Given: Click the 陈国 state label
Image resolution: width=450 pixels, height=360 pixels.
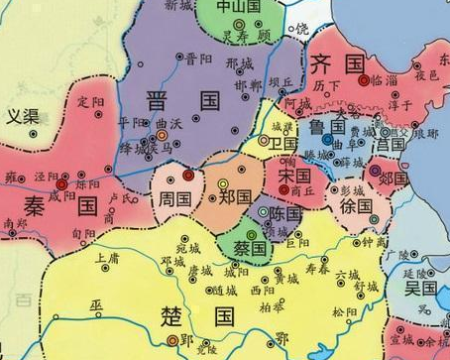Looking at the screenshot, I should (x=285, y=214).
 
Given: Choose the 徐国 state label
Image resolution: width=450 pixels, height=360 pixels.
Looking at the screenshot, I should (x=355, y=209).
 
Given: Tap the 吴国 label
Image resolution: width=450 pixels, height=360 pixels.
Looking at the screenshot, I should (x=420, y=287).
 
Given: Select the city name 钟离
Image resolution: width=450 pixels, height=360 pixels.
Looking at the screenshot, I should (x=374, y=241).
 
